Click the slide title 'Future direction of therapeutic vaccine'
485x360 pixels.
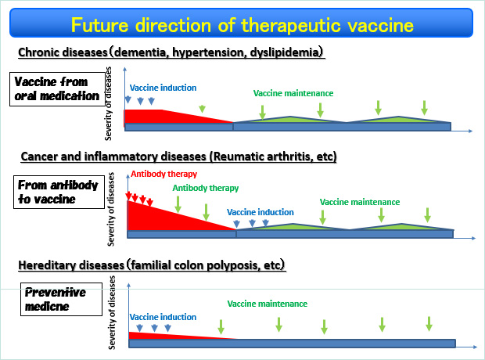tap(242, 25)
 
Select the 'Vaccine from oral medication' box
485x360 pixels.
tap(57, 89)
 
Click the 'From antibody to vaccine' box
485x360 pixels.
tap(59, 192)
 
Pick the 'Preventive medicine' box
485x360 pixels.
tap(61, 299)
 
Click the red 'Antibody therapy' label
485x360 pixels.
tap(164, 174)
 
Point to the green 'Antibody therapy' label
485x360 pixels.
tap(206, 188)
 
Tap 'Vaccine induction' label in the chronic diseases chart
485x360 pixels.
tap(163, 88)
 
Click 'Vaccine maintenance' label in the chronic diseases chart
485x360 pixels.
tap(293, 93)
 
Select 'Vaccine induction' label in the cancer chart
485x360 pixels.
tap(260, 212)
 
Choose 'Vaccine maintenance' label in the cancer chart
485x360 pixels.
tap(360, 202)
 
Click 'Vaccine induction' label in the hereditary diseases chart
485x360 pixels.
tap(163, 317)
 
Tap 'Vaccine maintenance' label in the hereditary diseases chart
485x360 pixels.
tap(268, 304)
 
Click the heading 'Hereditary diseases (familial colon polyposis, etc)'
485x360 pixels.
tap(152, 265)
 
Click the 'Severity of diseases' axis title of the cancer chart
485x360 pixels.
tap(111, 209)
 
